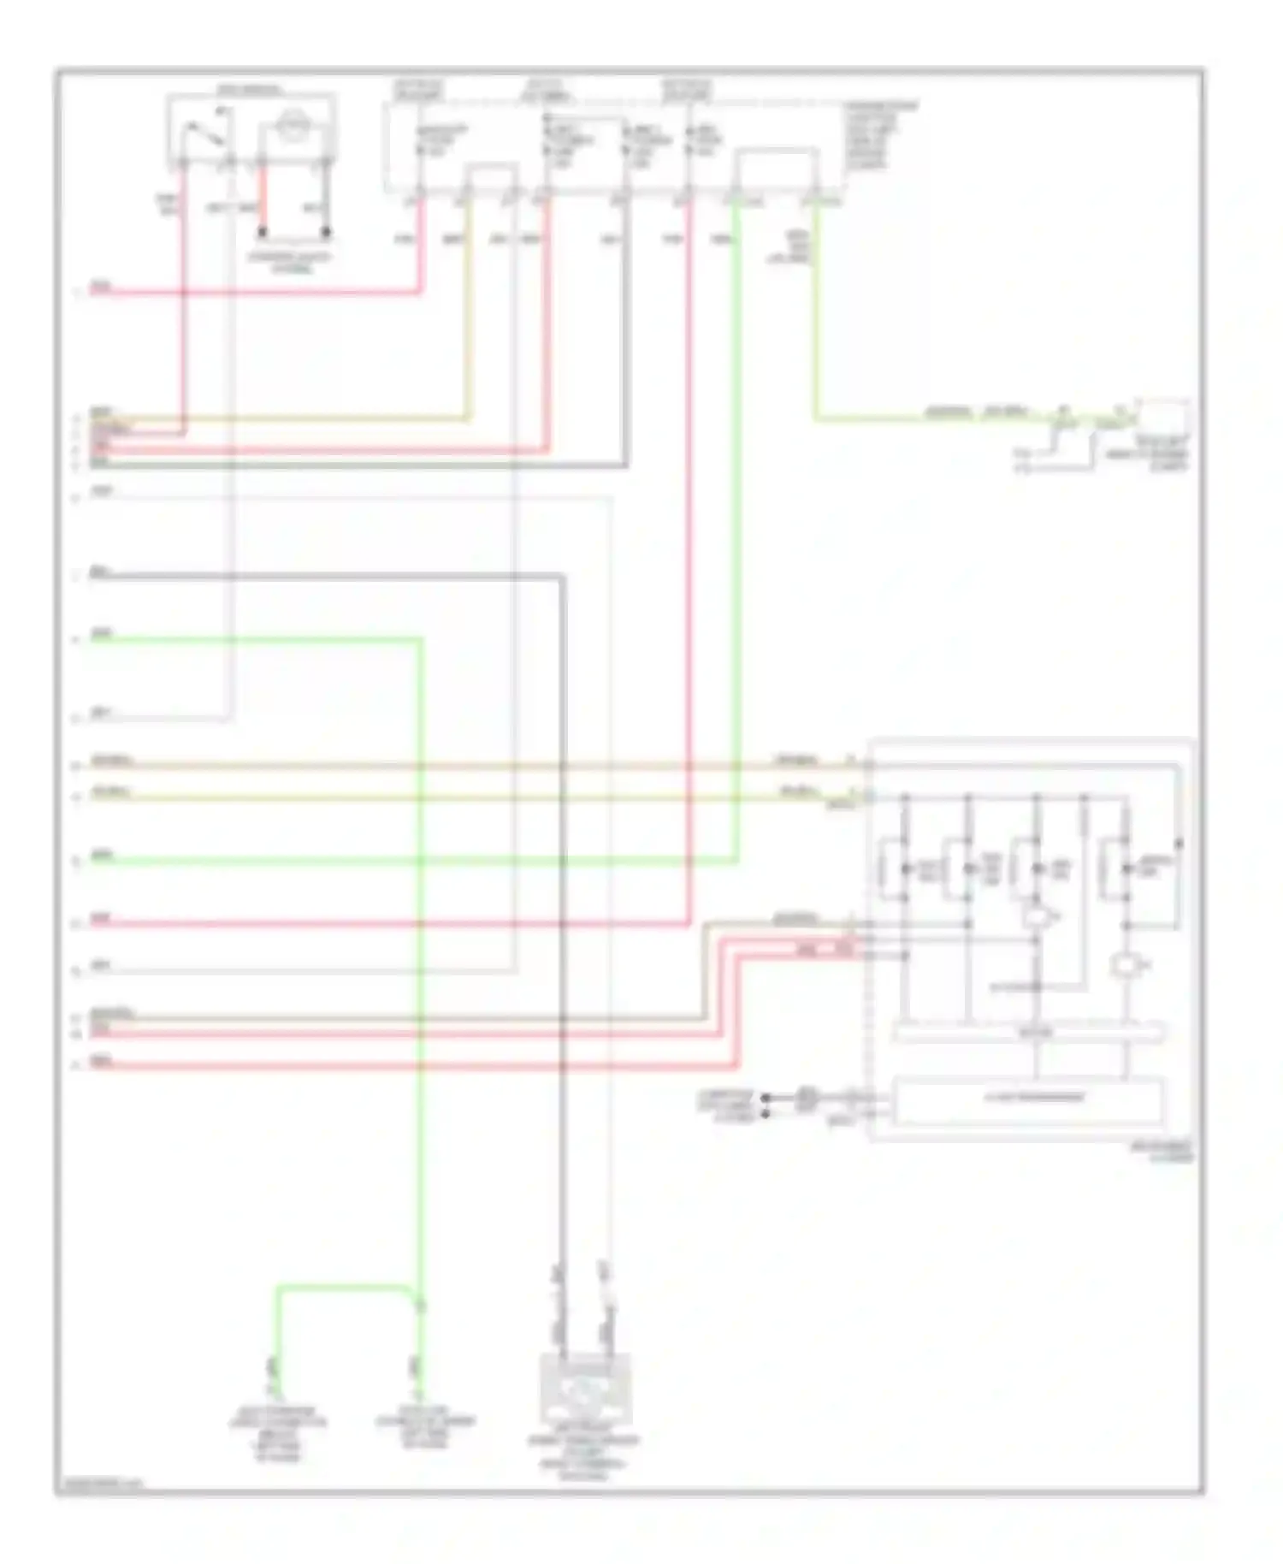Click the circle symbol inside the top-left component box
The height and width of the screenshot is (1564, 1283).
(x=294, y=130)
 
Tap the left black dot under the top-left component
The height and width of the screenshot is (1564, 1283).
(x=263, y=231)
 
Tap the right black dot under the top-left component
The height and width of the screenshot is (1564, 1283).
(x=326, y=231)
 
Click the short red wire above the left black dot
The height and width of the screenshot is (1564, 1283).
(x=263, y=195)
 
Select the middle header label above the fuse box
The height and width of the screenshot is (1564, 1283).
(x=546, y=90)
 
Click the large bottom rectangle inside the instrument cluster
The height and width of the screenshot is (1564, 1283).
(x=1028, y=1099)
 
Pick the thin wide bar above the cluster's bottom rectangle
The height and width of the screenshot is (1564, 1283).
(x=1028, y=1033)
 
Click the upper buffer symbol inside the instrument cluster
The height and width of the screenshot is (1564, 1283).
(x=1037, y=918)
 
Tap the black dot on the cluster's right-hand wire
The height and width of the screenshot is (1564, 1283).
(x=1179, y=844)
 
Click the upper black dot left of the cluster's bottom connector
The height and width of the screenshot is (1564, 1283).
(x=766, y=1097)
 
